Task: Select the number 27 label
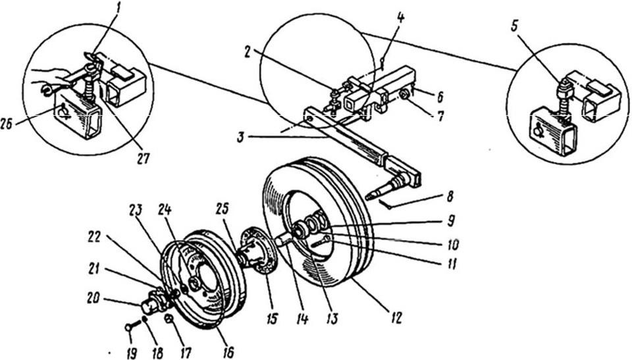coord(143,158)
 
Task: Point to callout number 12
coord(396,318)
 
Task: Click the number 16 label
coord(228,352)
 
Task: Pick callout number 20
coord(93,300)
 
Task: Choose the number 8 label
coord(450,196)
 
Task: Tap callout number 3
coord(240,138)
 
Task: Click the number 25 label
coord(222,209)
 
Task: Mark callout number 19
coord(132,353)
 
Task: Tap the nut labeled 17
coord(169,319)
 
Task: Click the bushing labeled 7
coord(404,95)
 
